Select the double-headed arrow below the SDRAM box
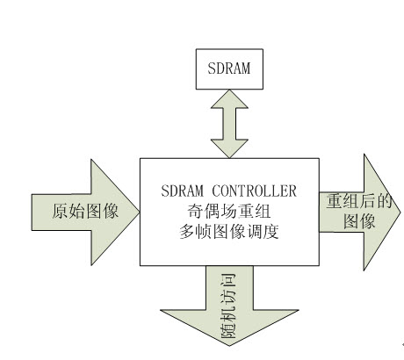click(x=229, y=124)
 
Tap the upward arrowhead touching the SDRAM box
click(x=229, y=99)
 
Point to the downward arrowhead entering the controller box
click(x=229, y=148)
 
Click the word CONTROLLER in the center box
click(x=254, y=191)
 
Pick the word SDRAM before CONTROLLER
click(x=182, y=191)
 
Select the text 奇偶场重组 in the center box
click(x=228, y=211)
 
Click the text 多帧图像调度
click(x=228, y=232)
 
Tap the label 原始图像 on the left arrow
click(x=85, y=211)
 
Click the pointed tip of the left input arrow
click(x=140, y=212)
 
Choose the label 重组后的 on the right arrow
click(x=359, y=201)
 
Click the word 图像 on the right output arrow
click(x=359, y=221)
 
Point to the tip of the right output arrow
click(x=400, y=212)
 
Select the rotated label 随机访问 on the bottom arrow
click(x=228, y=306)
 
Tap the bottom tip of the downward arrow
click(x=229, y=345)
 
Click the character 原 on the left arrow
click(x=61, y=211)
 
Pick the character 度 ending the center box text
click(x=271, y=232)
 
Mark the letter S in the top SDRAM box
click(x=212, y=68)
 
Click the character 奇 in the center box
click(x=195, y=211)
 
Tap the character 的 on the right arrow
click(x=384, y=201)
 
